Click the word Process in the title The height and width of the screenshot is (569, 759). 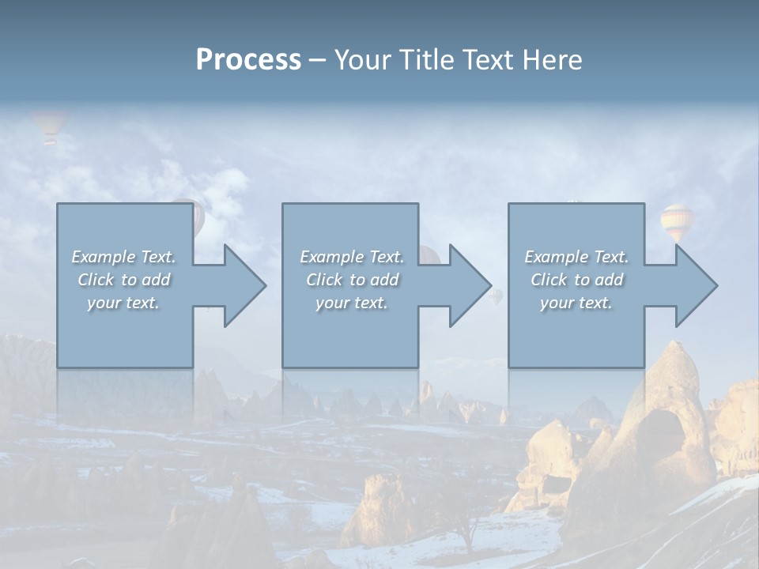pos(248,60)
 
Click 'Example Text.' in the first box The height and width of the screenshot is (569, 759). pos(124,257)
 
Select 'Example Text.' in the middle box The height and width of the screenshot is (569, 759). pos(352,257)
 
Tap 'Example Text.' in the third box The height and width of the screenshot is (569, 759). pos(576,257)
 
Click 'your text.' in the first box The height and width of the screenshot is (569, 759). pos(123,303)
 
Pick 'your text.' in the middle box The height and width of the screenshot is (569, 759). pos(351,303)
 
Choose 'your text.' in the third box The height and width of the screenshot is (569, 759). pos(576,303)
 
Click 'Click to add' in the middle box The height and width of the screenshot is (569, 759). pos(352,280)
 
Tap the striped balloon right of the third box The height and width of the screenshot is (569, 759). pos(676,222)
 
